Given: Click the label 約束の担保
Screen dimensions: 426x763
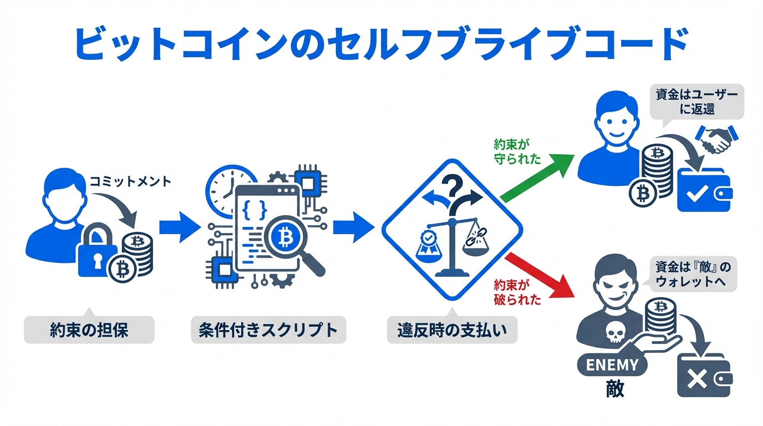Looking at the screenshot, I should click(x=89, y=331).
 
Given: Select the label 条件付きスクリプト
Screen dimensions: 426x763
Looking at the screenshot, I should click(x=268, y=331).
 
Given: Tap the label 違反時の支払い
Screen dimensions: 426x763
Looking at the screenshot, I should click(x=452, y=331).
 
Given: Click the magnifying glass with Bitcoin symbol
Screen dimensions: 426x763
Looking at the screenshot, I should click(x=288, y=239).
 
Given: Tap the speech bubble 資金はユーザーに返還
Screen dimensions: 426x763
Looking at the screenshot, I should click(x=696, y=102).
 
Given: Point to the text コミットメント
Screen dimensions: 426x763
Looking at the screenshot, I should click(x=130, y=181).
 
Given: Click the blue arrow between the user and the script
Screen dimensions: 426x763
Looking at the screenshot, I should click(x=179, y=227).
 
